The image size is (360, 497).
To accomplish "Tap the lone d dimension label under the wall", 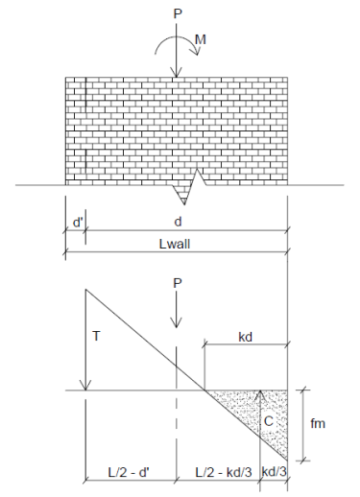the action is pos(177,222).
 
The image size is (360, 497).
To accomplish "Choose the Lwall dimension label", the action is pos(177,246).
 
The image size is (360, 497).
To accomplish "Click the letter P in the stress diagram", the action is pos(177,284).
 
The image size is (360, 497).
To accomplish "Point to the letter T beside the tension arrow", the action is pos(96,336).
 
